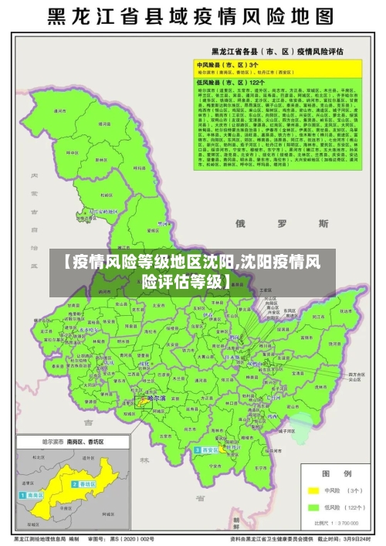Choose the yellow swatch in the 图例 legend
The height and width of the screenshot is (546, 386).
click(x=314, y=490)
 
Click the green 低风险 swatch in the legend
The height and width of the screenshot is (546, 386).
click(x=314, y=507)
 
